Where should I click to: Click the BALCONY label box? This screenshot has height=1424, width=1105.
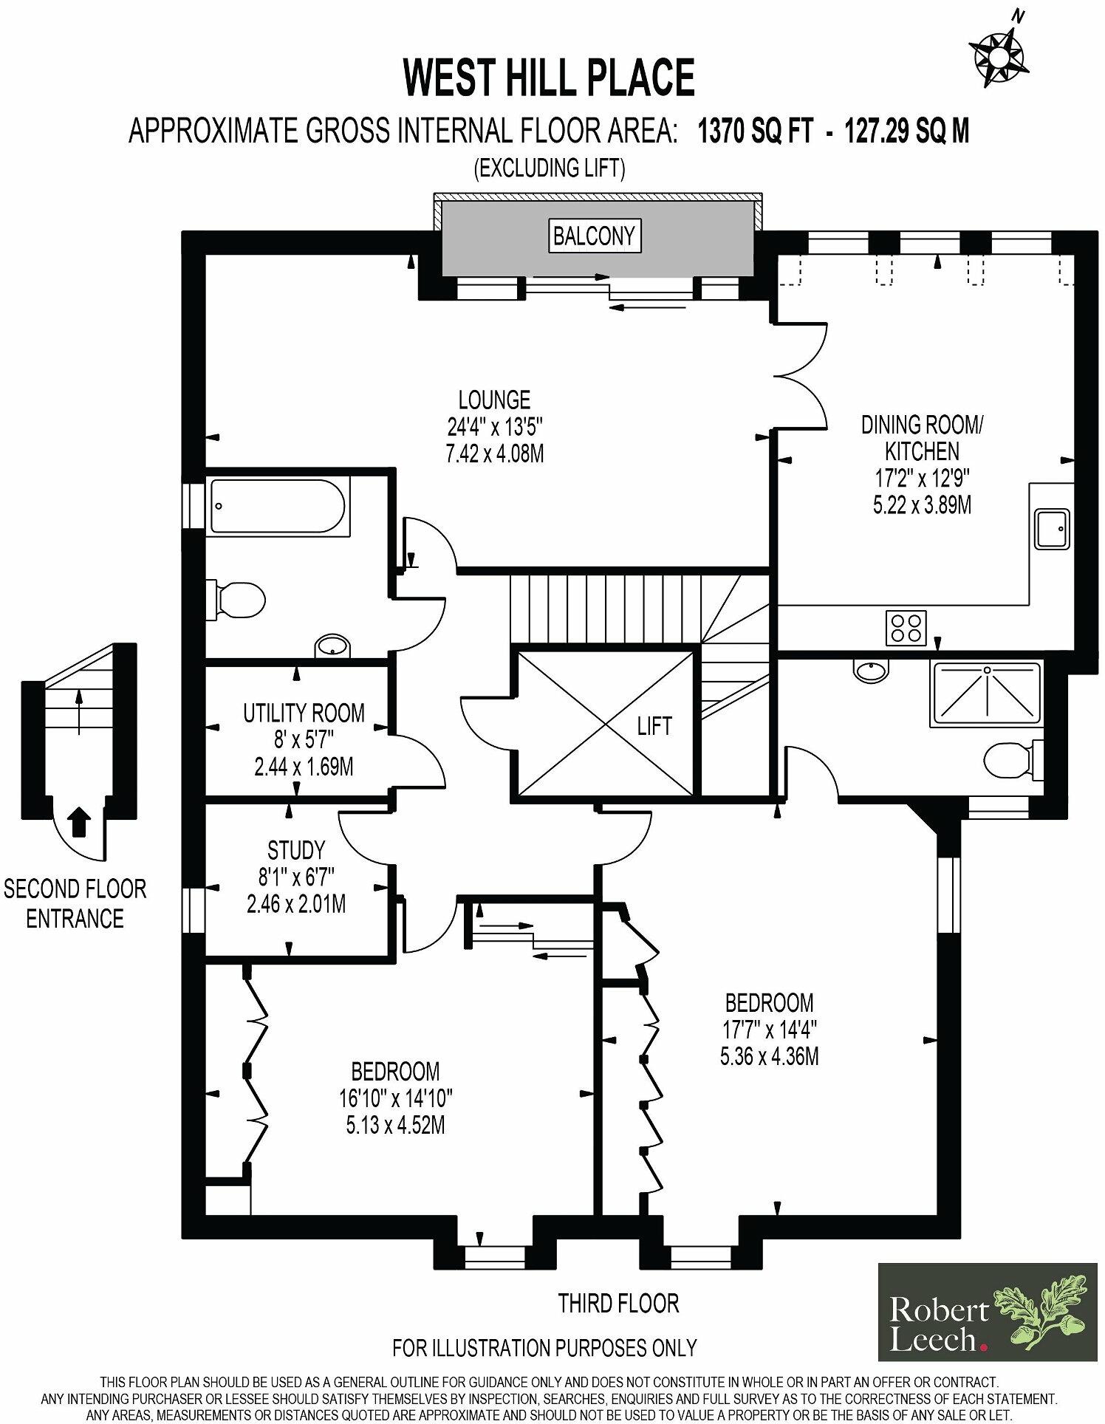[594, 236]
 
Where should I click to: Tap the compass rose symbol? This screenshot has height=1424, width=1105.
[999, 53]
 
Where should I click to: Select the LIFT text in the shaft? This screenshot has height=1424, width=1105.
[654, 726]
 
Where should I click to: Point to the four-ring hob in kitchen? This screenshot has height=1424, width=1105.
[907, 628]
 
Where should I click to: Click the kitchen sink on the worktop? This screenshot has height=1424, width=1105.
[1052, 528]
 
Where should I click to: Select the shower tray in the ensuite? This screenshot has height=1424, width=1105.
[987, 693]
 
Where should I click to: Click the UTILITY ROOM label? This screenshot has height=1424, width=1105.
[304, 713]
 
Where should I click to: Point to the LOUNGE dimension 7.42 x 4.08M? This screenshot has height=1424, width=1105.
[494, 453]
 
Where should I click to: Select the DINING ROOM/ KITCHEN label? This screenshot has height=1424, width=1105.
[922, 437]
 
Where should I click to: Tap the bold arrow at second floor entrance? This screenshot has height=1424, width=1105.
[80, 821]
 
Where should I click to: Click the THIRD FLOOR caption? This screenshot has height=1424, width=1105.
[617, 1304]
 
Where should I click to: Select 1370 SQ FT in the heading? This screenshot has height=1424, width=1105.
[756, 131]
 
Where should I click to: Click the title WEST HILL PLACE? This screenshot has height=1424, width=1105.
[549, 78]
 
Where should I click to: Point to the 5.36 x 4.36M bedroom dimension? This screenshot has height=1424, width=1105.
[769, 1056]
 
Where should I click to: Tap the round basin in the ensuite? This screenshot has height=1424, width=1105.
[873, 671]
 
